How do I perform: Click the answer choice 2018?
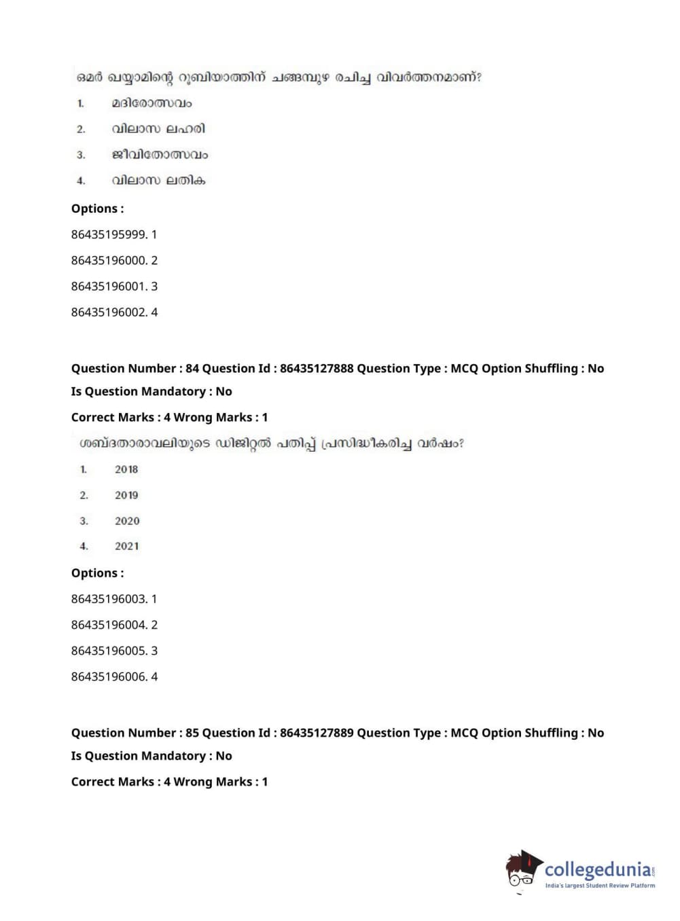coord(126,469)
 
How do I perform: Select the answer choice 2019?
coord(126,495)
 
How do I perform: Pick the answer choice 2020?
coord(127,521)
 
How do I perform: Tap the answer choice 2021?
coord(127,546)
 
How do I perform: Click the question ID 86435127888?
coord(317,369)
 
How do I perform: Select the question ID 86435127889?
coord(317,733)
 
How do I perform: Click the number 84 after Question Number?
coord(192,369)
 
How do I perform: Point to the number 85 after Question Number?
coord(192,733)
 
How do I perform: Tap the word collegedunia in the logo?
coord(597,870)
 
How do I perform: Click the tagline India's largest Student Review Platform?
coord(600,886)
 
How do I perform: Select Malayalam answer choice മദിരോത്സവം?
coord(151,103)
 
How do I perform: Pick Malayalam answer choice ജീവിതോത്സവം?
coord(160,155)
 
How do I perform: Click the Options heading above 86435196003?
coord(97,573)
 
